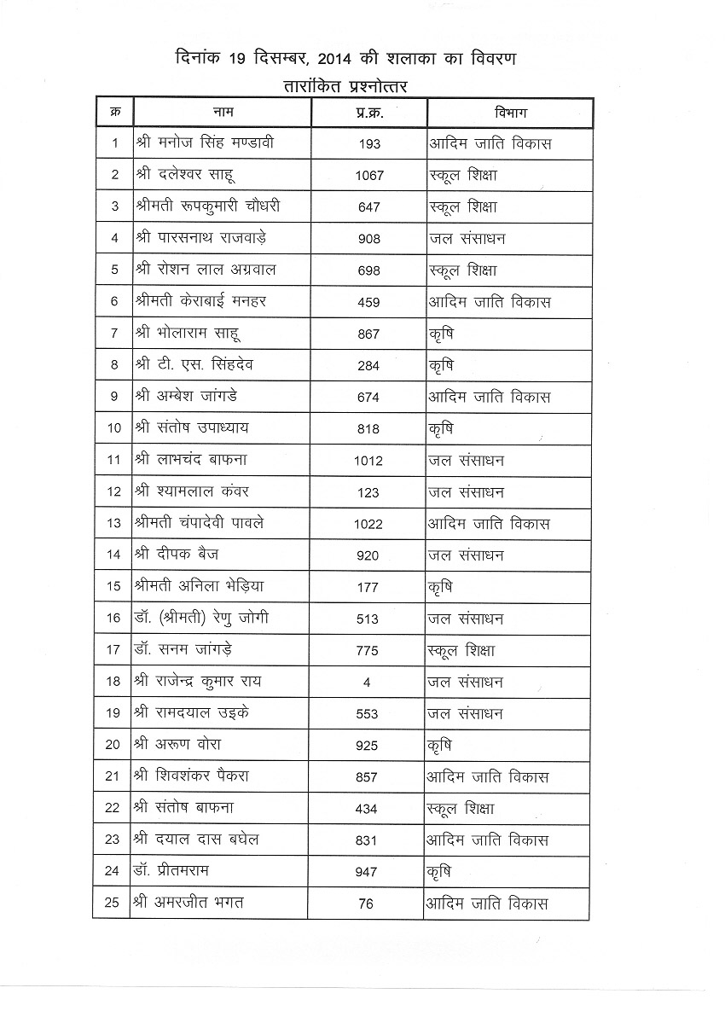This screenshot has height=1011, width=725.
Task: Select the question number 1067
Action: point(369,176)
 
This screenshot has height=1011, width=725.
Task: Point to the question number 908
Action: point(369,239)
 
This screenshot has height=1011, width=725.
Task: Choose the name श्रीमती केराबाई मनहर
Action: point(200,302)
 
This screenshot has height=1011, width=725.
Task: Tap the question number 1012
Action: point(369,461)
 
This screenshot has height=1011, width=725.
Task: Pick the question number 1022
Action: point(369,524)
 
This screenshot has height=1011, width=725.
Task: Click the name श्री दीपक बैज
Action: point(177,555)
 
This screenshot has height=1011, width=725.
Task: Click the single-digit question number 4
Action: point(369,682)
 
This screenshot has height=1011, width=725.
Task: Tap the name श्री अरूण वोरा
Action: point(177,745)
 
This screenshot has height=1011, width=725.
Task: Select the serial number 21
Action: point(113,776)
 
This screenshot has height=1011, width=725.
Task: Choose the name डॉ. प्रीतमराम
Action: point(171,871)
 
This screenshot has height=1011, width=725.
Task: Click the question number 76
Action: point(367,904)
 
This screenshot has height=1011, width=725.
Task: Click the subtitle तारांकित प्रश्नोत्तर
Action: point(347,85)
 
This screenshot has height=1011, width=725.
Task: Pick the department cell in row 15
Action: point(440,587)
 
